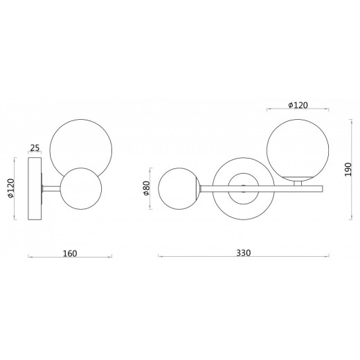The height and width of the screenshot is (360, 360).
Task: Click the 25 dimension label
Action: pyautogui.click(x=35, y=148)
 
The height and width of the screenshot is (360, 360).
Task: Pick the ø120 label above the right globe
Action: pyautogui.click(x=297, y=105)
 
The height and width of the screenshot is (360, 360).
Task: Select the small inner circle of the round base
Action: pyautogui.click(x=242, y=188)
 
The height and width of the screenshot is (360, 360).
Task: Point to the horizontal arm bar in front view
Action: pyautogui.click(x=291, y=187)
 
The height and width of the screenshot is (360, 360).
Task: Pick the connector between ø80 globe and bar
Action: pyautogui.click(x=200, y=187)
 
